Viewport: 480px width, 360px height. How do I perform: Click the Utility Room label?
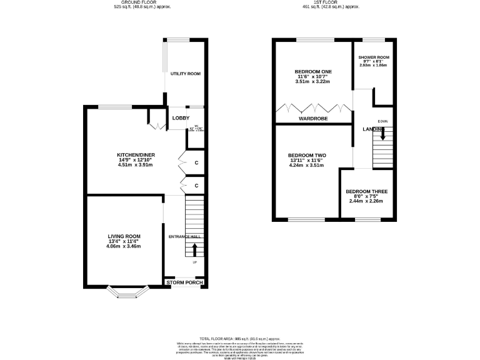click(186, 74)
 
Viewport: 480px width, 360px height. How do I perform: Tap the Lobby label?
click(181, 117)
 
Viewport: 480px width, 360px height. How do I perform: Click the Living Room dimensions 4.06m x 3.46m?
click(123, 247)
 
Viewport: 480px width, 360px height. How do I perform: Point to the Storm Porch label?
click(186, 282)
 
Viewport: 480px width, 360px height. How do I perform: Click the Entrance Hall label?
click(186, 237)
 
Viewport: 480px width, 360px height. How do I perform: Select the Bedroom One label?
click(313, 72)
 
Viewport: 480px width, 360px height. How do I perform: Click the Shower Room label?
click(374, 57)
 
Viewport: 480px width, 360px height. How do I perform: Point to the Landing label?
click(374, 129)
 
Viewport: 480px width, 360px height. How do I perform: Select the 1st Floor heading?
click(330, 3)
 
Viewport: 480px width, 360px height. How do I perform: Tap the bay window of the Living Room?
click(127, 293)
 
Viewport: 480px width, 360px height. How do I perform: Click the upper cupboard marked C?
click(196, 163)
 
